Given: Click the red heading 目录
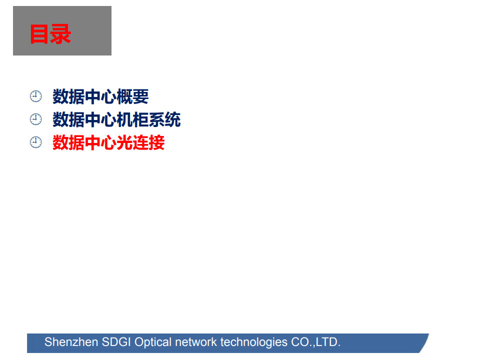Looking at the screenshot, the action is point(50,34).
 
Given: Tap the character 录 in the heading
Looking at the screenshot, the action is point(61,34).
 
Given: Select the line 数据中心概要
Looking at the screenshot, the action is point(100,96).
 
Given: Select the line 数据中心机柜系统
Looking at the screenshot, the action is point(116,119).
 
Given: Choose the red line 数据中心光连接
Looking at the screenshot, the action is point(108,142).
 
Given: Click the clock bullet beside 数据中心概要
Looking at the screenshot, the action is point(36,96).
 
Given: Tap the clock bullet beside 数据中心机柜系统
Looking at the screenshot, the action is point(36,119).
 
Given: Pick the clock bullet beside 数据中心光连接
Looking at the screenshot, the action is point(36,142).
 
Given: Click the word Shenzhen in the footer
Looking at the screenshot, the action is point(71,342).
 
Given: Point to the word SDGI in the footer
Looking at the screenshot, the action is point(116,342).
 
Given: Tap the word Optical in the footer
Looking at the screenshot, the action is point(153,342).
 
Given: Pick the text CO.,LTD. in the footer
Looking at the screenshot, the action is point(315,342).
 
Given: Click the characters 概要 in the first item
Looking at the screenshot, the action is point(132,96).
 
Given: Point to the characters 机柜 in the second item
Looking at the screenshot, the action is point(132,119).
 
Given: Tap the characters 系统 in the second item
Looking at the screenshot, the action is point(164,119).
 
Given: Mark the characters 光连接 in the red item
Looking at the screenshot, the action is point(140,142).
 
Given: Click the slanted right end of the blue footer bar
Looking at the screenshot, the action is point(424,343).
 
